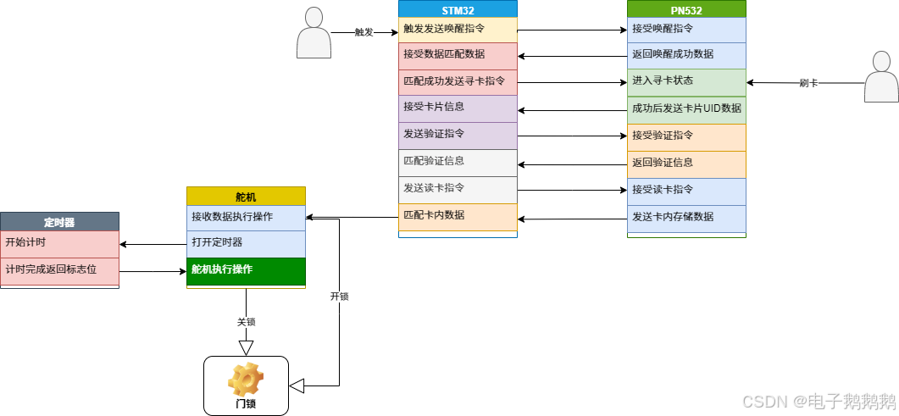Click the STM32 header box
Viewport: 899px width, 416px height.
tap(458, 9)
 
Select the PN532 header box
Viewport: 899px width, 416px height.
tap(686, 9)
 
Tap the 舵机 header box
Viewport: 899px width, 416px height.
tap(246, 197)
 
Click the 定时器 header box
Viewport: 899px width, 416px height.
tap(59, 222)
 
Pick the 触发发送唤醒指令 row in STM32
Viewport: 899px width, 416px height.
tap(458, 29)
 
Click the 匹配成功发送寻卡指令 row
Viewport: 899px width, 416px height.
tap(458, 82)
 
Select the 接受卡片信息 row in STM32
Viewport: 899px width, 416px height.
tap(458, 108)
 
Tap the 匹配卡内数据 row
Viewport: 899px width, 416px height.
tap(458, 215)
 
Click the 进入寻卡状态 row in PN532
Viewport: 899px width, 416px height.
tap(686, 82)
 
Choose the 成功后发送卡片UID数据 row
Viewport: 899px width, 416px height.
tap(686, 109)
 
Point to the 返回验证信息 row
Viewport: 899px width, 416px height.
tap(686, 164)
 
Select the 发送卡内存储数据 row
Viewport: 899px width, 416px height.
tap(686, 217)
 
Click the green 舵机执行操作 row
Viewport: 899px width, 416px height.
tap(246, 270)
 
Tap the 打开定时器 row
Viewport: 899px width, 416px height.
tap(246, 243)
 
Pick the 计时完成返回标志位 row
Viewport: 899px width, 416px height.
tap(59, 270)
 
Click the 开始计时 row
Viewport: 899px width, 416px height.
tap(59, 243)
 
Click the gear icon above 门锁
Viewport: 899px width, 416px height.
tap(246, 380)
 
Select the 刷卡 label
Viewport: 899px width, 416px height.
tap(809, 84)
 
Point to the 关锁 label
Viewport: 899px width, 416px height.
tap(247, 323)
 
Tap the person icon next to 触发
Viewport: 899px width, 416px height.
tap(314, 34)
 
